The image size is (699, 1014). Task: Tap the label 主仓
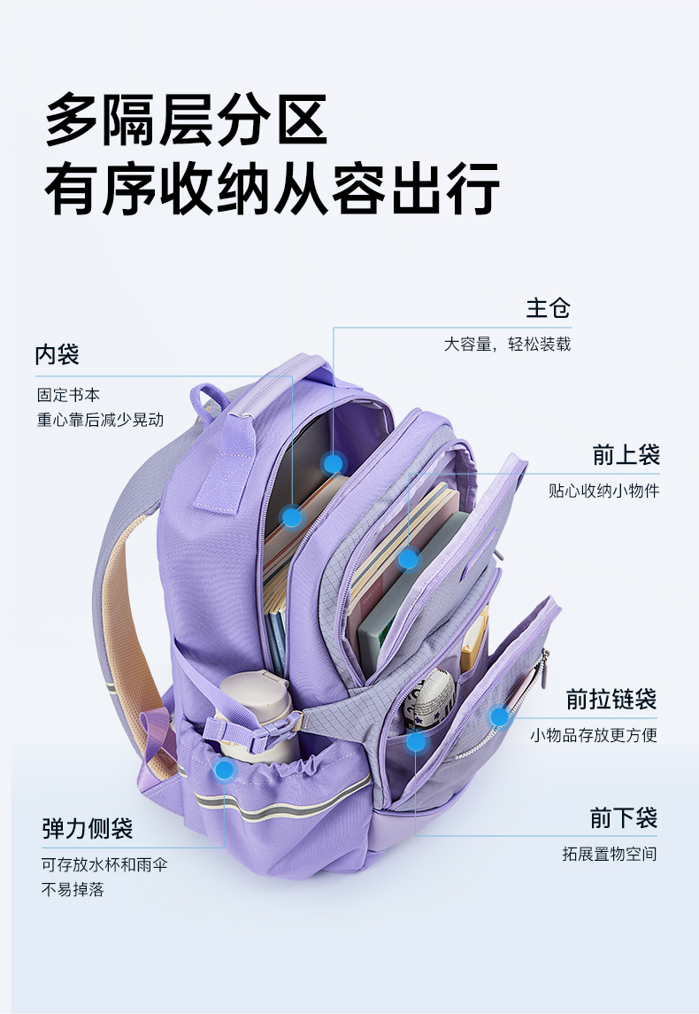549,308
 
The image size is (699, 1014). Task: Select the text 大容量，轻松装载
507,344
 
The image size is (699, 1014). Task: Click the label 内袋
58,355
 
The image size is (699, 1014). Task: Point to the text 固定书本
68,395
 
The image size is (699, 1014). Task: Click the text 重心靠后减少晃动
100,420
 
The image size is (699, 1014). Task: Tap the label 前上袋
626,455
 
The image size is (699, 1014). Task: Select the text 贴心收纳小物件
603,491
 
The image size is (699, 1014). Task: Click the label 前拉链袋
611,700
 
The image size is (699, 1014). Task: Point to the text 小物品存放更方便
594,735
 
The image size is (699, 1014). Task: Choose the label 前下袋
624,817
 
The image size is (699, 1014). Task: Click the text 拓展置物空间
610,855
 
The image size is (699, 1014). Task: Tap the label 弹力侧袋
88,829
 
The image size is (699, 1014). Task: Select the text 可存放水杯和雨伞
104,864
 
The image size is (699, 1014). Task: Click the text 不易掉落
73,890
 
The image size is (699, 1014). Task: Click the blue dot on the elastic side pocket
226,770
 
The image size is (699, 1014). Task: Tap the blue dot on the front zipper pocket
500,716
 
